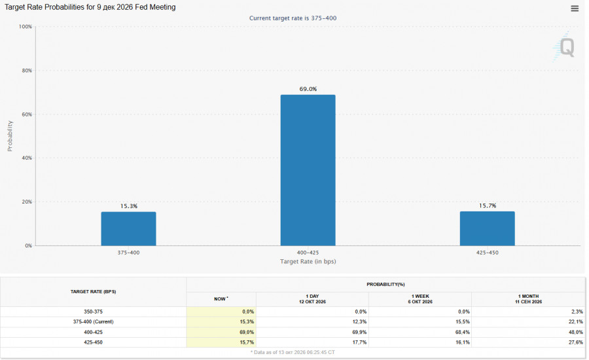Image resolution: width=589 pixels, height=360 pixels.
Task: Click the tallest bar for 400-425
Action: (x=308, y=170)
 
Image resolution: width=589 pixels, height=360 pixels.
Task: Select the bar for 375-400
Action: (x=128, y=229)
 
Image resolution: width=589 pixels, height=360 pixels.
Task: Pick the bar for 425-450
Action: (x=487, y=228)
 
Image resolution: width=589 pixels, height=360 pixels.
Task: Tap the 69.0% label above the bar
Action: (x=308, y=89)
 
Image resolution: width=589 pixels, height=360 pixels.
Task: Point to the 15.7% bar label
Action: (x=488, y=206)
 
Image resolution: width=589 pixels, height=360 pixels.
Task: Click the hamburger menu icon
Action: (x=575, y=9)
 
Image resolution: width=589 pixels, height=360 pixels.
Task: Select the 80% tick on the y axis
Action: (x=27, y=71)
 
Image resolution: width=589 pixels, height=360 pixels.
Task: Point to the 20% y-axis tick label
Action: (x=27, y=202)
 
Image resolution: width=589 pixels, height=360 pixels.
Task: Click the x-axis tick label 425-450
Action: (x=487, y=253)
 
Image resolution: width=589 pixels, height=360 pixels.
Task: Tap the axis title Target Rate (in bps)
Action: (x=308, y=261)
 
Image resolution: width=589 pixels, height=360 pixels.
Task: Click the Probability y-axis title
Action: (x=10, y=136)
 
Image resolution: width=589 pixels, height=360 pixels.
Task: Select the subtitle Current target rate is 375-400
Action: (x=293, y=18)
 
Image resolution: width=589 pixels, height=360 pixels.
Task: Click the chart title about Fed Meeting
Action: (x=90, y=7)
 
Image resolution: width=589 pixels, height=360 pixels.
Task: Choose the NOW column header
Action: (x=221, y=299)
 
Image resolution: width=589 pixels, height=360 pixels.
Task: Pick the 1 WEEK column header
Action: (x=420, y=299)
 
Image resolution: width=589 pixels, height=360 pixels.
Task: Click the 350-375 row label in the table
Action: (x=93, y=312)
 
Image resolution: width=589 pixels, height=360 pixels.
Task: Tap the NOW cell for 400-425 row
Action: (x=221, y=333)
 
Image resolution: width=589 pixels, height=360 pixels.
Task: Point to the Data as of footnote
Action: (x=293, y=353)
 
